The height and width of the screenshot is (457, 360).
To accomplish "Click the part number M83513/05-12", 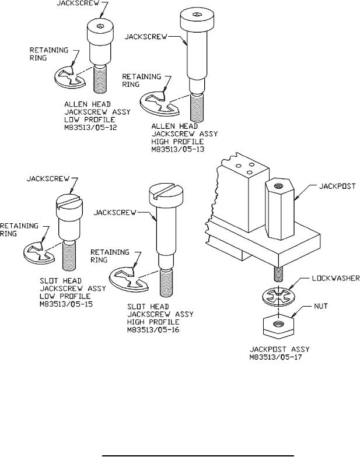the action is (x=91, y=127).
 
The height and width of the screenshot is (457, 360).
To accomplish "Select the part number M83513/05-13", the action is (x=177, y=149).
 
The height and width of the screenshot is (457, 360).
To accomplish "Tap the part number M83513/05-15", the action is (x=67, y=304).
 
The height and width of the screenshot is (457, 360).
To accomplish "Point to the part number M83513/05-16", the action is (x=153, y=330).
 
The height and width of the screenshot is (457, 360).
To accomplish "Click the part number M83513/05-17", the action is (x=275, y=357).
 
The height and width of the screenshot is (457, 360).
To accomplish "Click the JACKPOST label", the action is (x=337, y=187).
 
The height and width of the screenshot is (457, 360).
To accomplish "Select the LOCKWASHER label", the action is (x=336, y=279).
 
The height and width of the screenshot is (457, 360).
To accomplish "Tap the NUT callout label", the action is (x=321, y=307).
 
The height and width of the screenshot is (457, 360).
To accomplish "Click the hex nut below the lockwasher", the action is (x=278, y=326).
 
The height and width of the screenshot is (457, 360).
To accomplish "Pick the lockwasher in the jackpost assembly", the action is (x=278, y=296).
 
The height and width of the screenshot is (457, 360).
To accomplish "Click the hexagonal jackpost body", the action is (x=280, y=209).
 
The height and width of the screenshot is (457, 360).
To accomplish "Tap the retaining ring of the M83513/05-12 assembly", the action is (x=69, y=77).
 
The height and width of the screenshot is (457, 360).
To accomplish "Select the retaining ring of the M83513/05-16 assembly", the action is (x=128, y=281).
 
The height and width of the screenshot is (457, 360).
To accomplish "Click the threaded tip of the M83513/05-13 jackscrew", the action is (x=197, y=107).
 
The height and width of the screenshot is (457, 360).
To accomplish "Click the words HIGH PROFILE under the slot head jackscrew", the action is (x=153, y=322).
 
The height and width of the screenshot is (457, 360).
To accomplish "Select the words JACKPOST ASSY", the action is (x=279, y=349).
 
